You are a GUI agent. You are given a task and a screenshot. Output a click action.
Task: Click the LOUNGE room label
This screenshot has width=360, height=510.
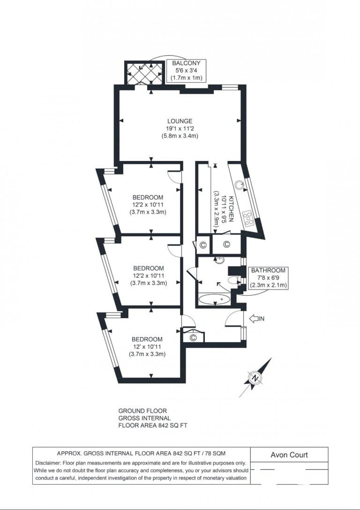[x=180, y=122]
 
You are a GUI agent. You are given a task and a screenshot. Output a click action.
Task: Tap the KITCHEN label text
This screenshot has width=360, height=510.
[x=231, y=209]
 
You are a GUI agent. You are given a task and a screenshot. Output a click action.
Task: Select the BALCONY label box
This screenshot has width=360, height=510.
[x=187, y=70]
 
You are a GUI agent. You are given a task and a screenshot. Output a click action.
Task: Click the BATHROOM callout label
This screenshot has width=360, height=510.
[x=268, y=278]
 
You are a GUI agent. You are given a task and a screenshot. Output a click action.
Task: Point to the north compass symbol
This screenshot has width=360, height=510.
[x=256, y=378]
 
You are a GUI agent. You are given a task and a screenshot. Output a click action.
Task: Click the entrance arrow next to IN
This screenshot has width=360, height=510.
[x=254, y=319]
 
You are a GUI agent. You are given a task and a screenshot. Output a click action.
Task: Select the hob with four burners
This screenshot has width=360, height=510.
[x=248, y=218]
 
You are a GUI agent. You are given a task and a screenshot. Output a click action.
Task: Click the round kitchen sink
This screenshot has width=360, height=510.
[x=240, y=185]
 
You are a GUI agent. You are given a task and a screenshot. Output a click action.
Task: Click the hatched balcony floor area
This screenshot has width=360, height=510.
[x=143, y=73]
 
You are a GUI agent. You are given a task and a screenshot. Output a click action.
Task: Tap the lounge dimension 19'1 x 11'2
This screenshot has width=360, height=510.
[x=180, y=129]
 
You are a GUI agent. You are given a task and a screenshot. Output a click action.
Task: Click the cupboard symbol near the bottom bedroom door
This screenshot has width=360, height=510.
[x=193, y=338]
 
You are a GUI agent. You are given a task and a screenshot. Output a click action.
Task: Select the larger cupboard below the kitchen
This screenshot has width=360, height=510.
[x=226, y=244]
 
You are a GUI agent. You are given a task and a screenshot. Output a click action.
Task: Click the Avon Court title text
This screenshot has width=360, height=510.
[x=289, y=455]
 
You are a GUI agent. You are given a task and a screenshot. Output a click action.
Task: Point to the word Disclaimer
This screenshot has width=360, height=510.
[x=47, y=463]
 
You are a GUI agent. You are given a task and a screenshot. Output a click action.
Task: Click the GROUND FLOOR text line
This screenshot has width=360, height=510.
[x=142, y=411]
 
